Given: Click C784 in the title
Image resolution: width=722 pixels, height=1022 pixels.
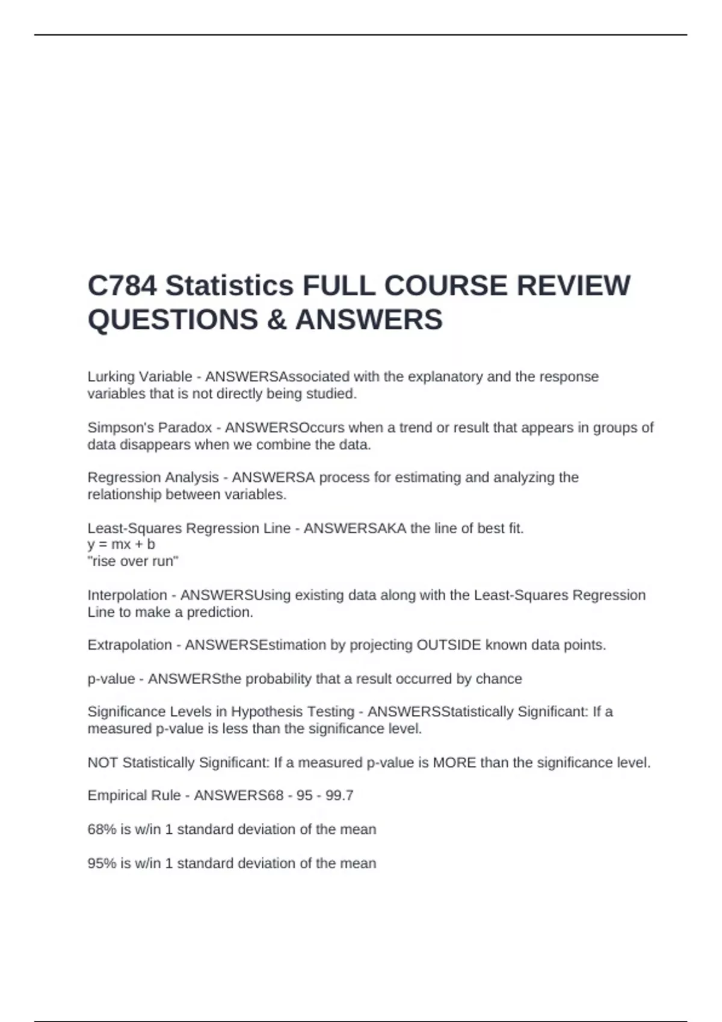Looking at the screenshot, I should [122, 286].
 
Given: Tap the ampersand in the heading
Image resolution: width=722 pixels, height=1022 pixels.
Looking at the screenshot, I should [276, 320].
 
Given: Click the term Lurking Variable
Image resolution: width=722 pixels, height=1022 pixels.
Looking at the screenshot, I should [140, 377].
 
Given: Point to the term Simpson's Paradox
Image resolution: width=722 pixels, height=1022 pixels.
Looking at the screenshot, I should [149, 428].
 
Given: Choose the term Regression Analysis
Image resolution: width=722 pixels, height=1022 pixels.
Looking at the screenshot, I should [153, 477].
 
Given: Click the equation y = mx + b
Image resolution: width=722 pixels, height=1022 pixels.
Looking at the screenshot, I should [121, 545].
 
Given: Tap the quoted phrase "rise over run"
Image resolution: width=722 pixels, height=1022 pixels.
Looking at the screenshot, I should [133, 561].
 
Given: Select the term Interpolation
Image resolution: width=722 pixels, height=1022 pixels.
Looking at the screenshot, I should [127, 595].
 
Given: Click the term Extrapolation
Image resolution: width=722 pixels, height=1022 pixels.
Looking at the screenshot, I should [129, 645].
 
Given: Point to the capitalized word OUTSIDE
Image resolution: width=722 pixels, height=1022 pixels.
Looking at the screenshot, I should [449, 645].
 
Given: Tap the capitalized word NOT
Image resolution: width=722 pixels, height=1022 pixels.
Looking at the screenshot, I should [102, 763].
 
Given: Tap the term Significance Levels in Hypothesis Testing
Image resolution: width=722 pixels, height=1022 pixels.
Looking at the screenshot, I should [220, 712].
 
